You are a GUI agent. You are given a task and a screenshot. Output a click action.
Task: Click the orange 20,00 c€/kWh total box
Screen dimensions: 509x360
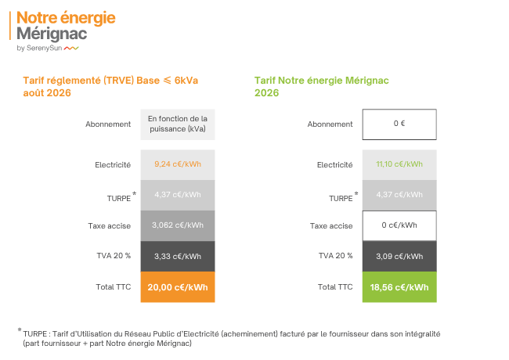tap(178, 287)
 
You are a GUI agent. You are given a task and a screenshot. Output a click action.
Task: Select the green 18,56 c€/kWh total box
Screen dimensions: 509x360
tap(399, 287)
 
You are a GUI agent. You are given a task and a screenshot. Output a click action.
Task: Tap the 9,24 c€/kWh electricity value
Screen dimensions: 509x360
tap(178, 164)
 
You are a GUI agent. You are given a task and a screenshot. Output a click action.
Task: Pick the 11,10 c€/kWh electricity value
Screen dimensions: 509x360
tap(399, 164)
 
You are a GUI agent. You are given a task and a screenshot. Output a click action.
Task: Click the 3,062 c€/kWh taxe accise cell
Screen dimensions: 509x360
tap(178, 225)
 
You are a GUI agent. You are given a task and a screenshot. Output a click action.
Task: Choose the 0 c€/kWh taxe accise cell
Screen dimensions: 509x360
tap(399, 225)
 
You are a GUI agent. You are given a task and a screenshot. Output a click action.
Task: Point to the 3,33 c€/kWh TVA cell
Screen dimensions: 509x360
tap(178, 256)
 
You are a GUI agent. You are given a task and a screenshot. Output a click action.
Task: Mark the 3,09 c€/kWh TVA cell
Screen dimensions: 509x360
tap(399, 256)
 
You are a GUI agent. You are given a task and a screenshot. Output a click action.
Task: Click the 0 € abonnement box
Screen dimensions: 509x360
tap(399, 124)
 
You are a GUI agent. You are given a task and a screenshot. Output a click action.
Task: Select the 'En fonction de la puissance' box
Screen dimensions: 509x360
tap(178, 124)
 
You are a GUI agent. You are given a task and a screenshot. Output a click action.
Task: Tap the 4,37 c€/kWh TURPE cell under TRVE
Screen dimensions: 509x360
tap(178, 195)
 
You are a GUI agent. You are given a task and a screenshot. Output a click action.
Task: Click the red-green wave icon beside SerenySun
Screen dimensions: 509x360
tap(71, 49)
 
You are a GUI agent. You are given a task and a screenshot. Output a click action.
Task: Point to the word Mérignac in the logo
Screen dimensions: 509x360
tap(52, 34)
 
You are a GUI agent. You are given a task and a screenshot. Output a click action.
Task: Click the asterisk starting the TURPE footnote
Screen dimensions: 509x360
tap(20, 330)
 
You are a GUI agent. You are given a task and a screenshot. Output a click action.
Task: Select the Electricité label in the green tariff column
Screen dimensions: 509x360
tap(334, 165)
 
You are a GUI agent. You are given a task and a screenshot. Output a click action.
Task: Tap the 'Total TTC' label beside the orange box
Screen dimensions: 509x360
tap(114, 287)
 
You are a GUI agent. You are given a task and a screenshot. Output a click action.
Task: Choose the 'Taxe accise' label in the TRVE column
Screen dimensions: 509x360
tap(110, 225)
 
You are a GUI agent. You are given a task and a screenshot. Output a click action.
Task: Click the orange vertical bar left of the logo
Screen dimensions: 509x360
tap(10, 26)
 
